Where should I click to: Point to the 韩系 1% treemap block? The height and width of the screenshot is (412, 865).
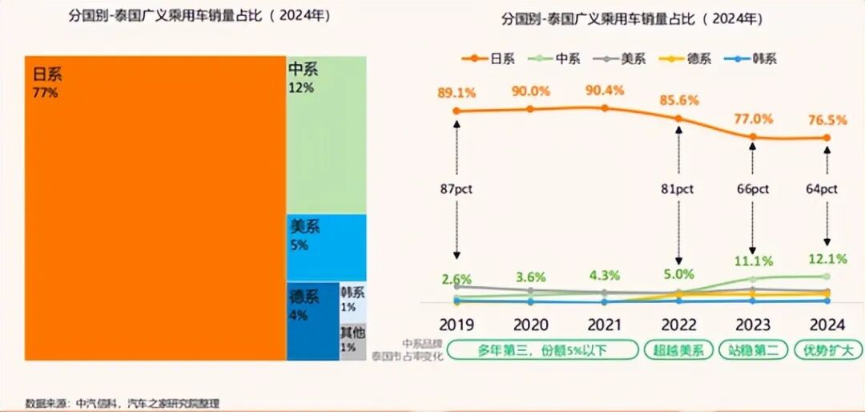click(x=352, y=301)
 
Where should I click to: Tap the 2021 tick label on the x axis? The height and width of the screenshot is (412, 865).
click(x=604, y=325)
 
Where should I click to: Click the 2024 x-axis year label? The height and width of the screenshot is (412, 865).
click(x=827, y=325)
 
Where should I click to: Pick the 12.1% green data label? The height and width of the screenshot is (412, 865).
click(x=827, y=261)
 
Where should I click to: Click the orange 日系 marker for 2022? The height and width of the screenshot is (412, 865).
click(x=678, y=119)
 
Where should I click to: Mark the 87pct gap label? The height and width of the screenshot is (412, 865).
click(x=457, y=190)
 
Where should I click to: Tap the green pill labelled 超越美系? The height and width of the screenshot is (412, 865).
click(x=678, y=350)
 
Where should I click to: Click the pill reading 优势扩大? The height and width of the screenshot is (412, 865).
click(x=827, y=350)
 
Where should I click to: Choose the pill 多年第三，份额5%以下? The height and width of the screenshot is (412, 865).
click(x=542, y=350)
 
